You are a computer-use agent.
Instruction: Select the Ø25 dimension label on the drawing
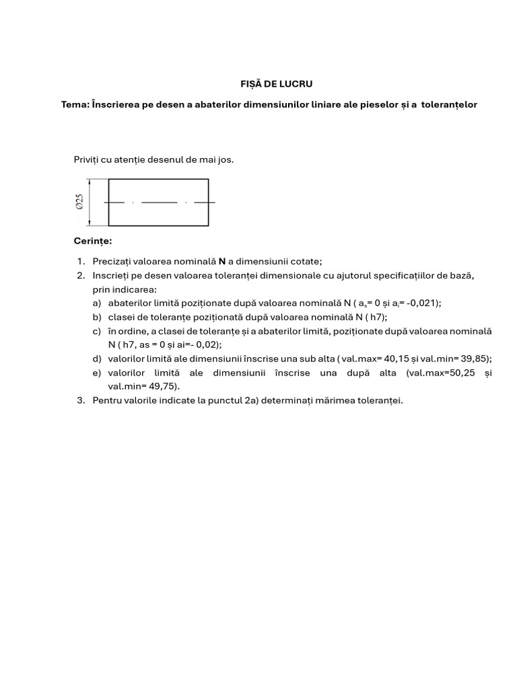[79, 202]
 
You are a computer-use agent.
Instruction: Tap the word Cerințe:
[93, 241]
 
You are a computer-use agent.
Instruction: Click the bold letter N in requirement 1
[221, 262]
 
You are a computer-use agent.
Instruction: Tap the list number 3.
[79, 400]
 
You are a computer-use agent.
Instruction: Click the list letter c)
[97, 331]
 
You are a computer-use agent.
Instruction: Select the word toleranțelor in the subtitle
[449, 105]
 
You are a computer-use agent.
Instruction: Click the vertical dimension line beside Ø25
[90, 202]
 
